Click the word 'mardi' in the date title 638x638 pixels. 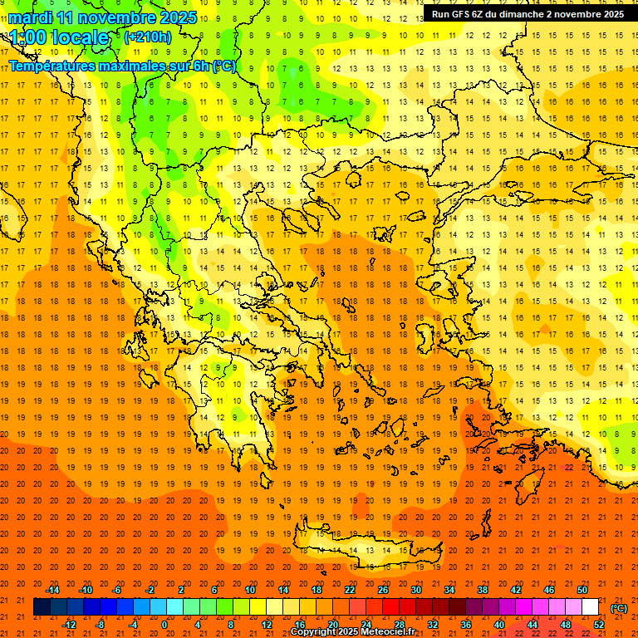tap(32, 17)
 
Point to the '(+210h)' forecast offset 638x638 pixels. tap(147, 37)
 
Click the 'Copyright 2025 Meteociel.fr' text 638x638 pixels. tap(352, 632)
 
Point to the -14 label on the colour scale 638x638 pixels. tap(52, 590)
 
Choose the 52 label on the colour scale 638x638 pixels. tap(599, 625)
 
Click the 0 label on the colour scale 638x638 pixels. tap(164, 625)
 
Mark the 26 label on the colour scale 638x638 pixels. tap(383, 590)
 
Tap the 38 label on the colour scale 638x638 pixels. tap(482, 590)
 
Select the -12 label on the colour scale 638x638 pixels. tap(70, 625)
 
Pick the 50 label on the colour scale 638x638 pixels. tap(582, 590)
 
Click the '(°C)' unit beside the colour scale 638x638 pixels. tap(619, 607)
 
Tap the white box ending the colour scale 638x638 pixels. tap(591, 607)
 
